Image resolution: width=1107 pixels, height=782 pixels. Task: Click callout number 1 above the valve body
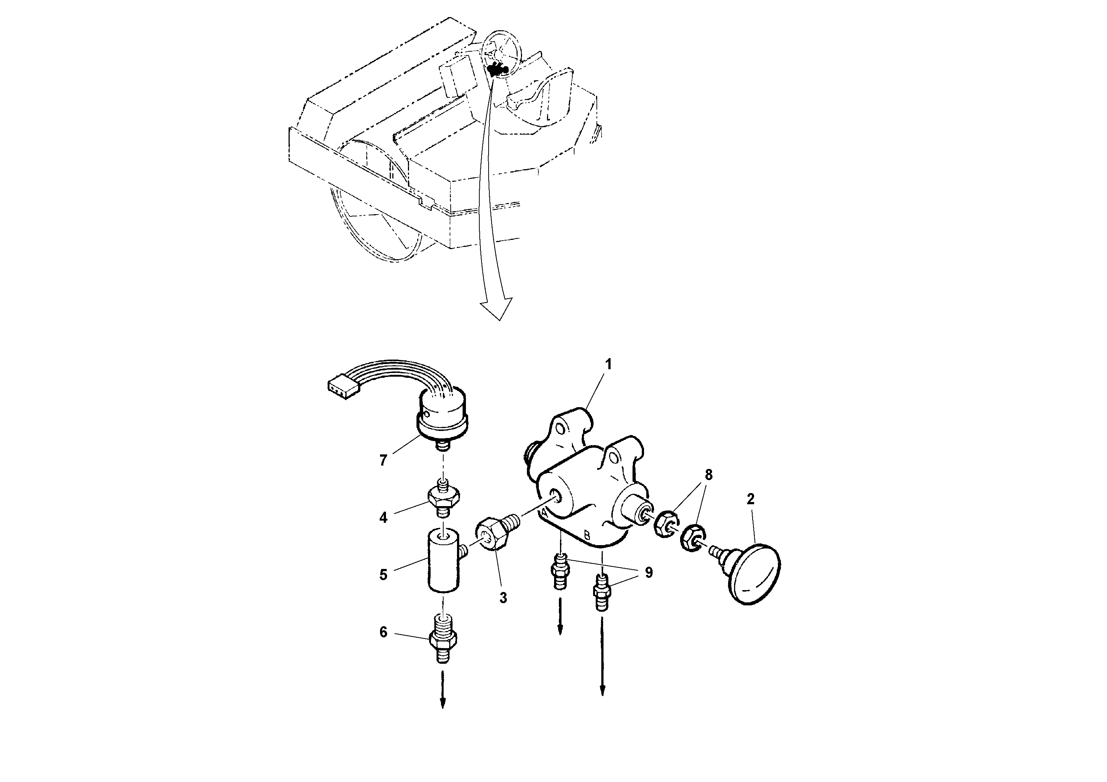click(608, 364)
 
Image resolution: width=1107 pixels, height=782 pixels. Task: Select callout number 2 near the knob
click(750, 499)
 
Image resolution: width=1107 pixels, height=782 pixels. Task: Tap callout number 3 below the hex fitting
click(503, 598)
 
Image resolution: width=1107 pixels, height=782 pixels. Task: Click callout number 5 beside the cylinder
click(383, 575)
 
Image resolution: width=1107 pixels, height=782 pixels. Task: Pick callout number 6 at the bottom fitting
click(383, 632)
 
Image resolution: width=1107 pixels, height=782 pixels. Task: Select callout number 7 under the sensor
click(383, 461)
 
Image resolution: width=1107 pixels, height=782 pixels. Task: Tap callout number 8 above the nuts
click(708, 475)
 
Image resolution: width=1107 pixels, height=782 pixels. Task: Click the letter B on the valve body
click(587, 535)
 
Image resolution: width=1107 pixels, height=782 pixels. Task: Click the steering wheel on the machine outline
click(501, 50)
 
